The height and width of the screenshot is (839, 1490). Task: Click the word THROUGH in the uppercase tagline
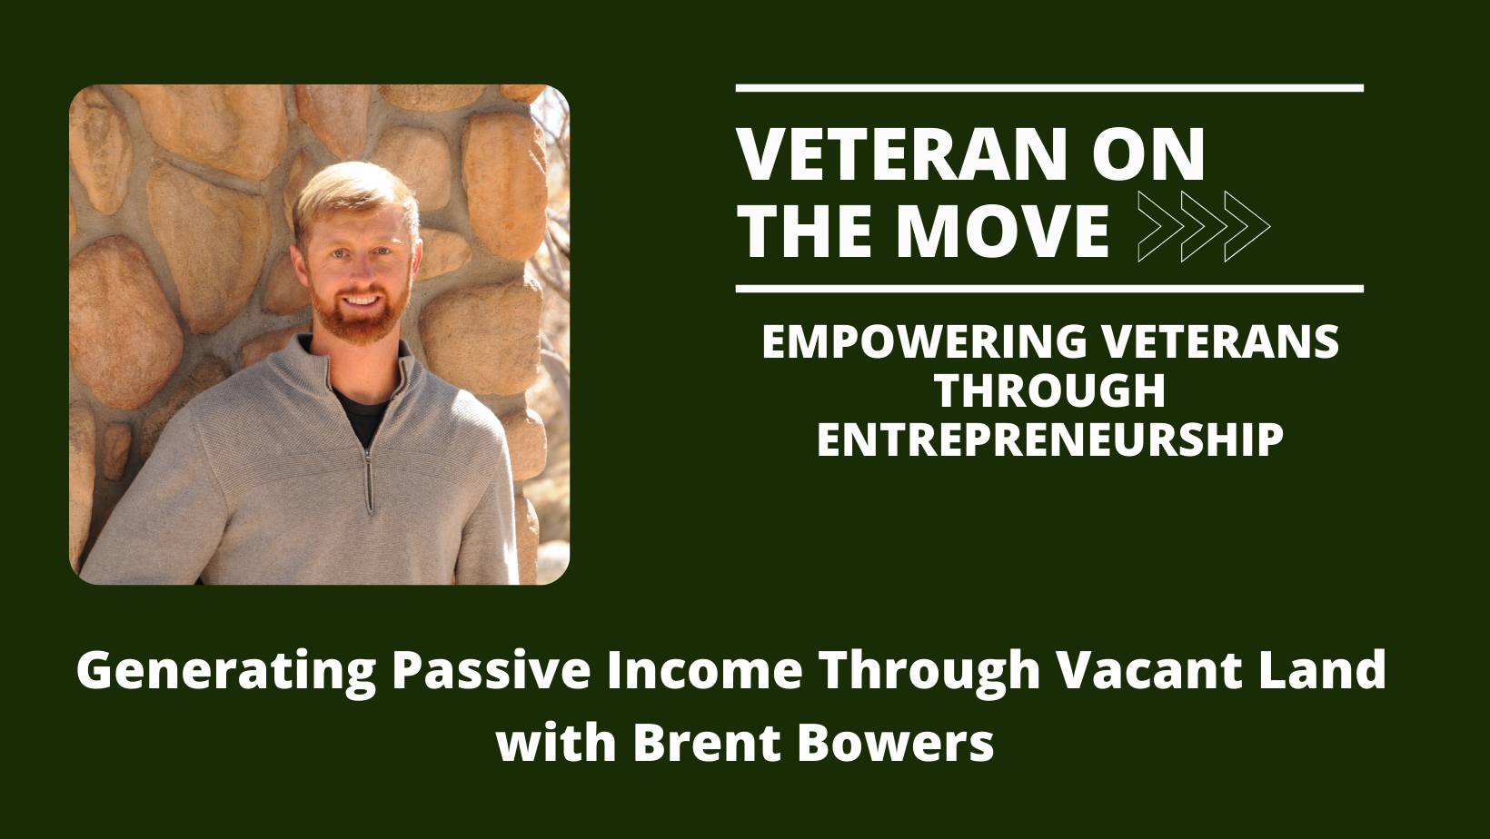click(x=1050, y=390)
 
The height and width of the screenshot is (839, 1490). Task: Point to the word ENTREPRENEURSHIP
click(x=1049, y=439)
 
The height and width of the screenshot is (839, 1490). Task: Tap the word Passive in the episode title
click(x=491, y=669)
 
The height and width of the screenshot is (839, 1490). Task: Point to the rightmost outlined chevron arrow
click(x=1247, y=227)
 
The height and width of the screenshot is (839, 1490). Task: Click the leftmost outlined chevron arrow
click(x=1161, y=227)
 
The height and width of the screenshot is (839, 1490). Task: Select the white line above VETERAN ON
click(x=1049, y=88)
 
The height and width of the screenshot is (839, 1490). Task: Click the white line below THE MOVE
click(x=1049, y=289)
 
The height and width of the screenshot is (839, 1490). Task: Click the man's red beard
click(x=360, y=319)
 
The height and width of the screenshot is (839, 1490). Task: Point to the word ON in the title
click(x=1148, y=154)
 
